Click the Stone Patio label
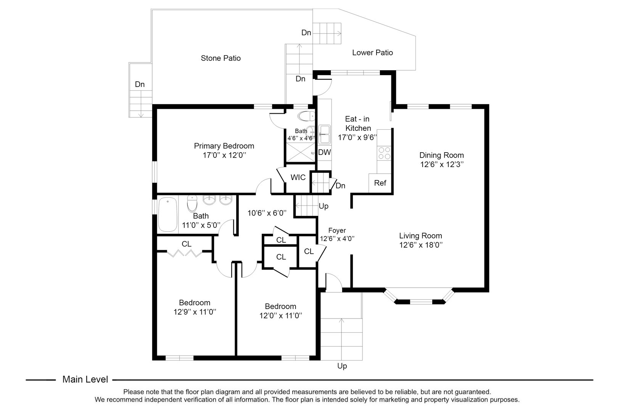point(220,58)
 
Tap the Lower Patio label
point(372,53)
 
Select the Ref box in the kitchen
point(380,183)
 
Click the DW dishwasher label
point(324,153)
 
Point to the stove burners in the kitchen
point(384,153)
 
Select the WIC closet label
point(298,177)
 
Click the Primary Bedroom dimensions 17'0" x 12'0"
point(224,156)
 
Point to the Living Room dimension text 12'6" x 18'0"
point(420,245)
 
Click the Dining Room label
point(441,155)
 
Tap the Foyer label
point(337,231)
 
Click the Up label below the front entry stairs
point(342,366)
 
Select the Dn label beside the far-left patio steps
point(140,84)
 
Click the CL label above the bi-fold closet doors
point(186,244)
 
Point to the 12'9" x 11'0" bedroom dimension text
point(195,312)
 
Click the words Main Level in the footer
point(85,380)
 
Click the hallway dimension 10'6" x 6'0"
point(267,213)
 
